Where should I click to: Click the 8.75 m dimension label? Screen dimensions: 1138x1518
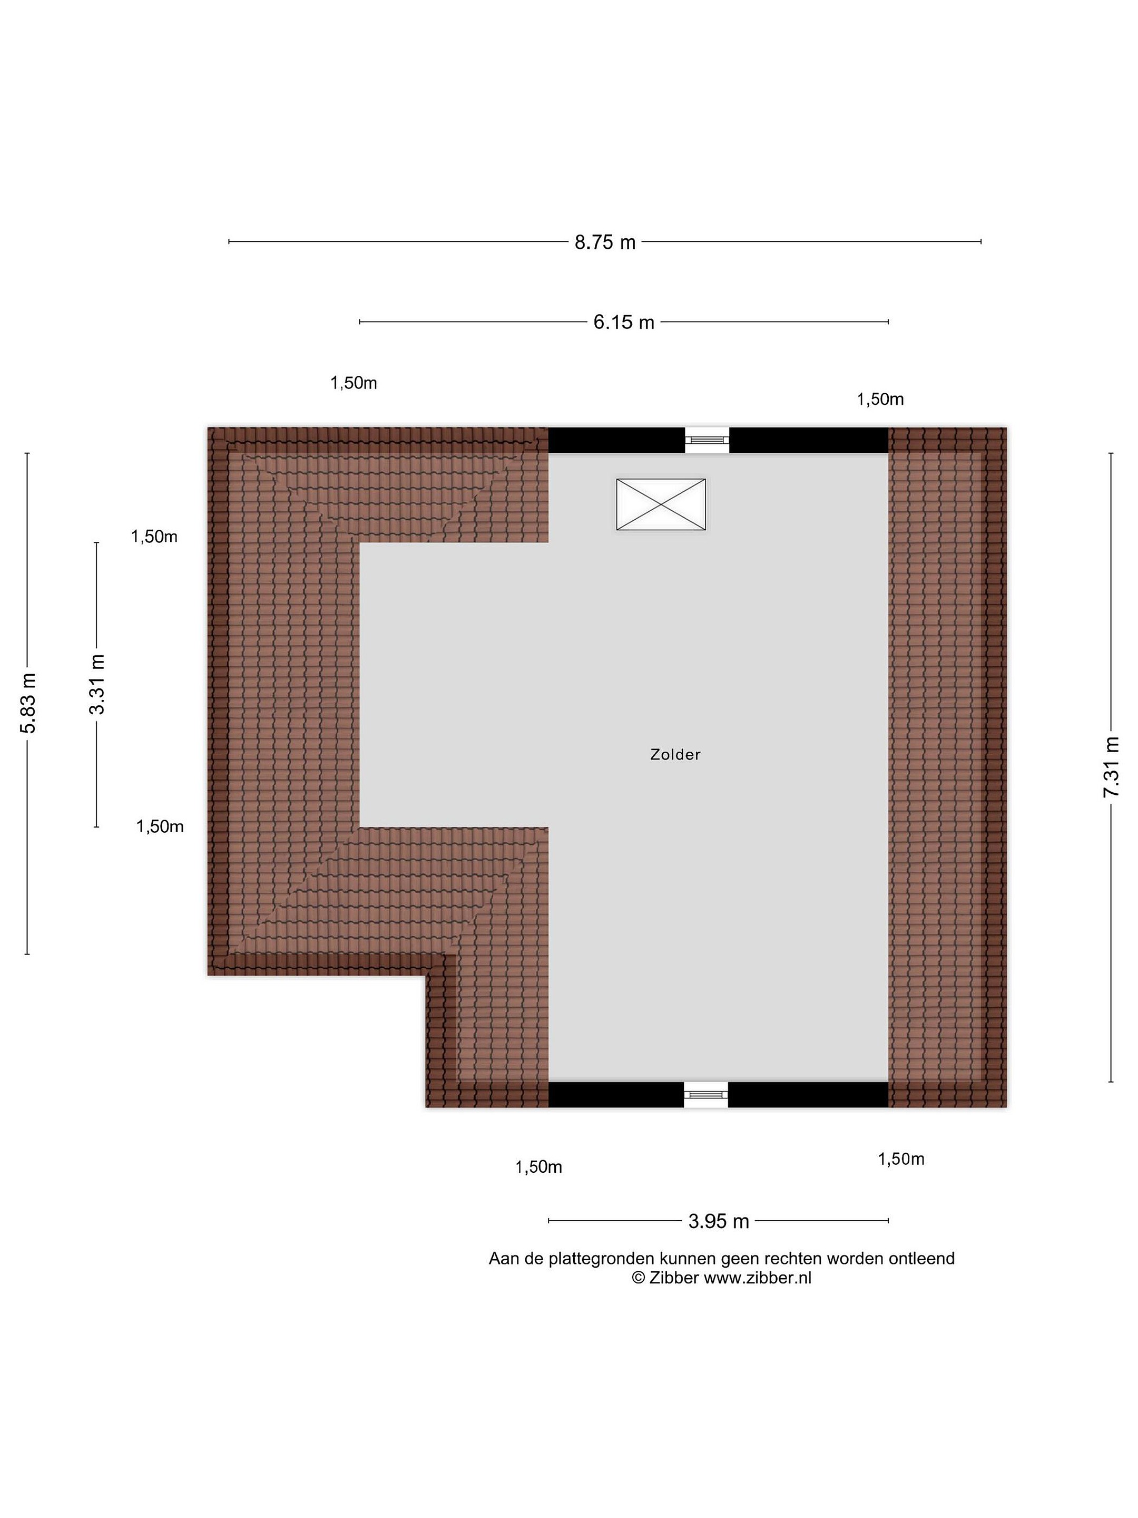click(605, 242)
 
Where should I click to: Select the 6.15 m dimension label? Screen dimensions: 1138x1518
click(624, 323)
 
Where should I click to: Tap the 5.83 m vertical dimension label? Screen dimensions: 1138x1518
click(27, 704)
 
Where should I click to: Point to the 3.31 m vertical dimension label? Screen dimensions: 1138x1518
click(97, 684)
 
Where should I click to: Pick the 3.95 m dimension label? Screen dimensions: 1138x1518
click(718, 1222)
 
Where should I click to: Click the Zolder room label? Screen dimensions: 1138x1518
click(675, 755)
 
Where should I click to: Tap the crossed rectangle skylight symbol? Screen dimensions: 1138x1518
click(661, 504)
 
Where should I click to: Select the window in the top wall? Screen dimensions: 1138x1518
click(707, 440)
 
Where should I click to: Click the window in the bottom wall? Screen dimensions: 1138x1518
click(706, 1095)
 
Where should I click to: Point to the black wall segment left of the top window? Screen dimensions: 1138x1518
click(616, 440)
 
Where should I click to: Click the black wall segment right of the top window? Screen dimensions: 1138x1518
click(809, 440)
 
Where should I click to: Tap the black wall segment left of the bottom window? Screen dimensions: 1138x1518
click(616, 1095)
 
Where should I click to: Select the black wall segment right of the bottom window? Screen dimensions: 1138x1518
click(808, 1095)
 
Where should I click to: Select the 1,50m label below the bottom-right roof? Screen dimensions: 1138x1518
click(901, 1159)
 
